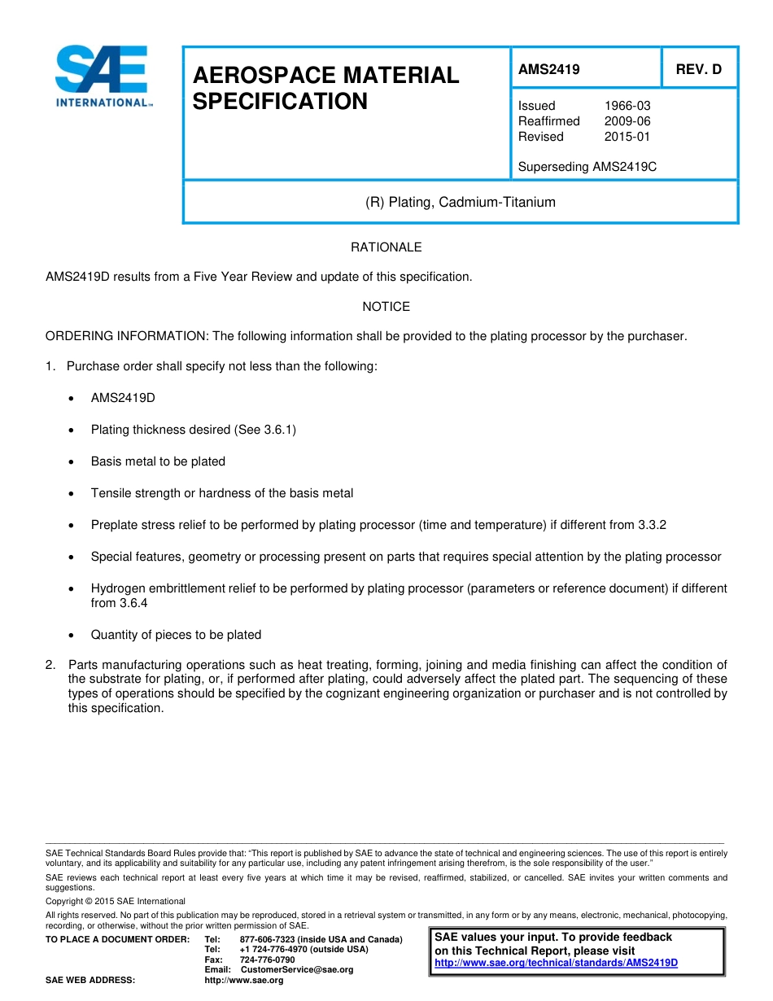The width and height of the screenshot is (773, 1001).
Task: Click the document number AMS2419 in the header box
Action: pos(548,70)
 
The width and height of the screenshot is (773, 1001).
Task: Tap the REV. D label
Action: pos(698,70)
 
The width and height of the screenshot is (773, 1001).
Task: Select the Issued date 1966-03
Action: pos(627,106)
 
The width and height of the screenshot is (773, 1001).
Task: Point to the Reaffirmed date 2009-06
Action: pos(627,121)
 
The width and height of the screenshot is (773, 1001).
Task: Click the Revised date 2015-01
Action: pos(627,137)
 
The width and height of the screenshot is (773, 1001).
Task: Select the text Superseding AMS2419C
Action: pos(587,167)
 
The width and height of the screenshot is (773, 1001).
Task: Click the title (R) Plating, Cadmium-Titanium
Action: pos(460,202)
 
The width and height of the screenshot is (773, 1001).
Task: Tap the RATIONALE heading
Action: pos(386,247)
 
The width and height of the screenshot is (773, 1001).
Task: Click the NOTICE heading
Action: pos(386,307)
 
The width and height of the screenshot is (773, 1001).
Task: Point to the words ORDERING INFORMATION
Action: pos(126,336)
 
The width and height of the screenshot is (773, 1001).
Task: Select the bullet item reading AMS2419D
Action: pos(123,398)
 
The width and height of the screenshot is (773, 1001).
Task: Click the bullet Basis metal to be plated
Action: pos(158,461)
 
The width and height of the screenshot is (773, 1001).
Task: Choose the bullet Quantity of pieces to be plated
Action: pos(176,635)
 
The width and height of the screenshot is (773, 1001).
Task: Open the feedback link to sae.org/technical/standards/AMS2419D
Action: pos(556,963)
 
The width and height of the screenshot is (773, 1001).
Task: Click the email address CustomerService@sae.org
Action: pos(297,969)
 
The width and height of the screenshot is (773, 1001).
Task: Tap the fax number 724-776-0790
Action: pos(267,959)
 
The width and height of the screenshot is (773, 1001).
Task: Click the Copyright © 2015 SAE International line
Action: pos(116,901)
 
